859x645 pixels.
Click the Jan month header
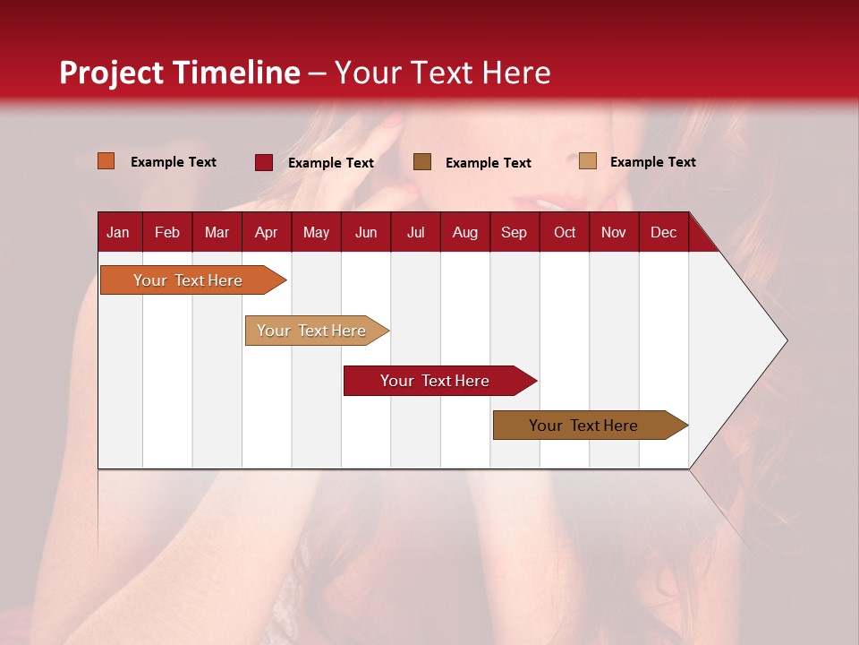(118, 232)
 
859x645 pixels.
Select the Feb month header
(167, 232)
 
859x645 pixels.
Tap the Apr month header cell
(266, 232)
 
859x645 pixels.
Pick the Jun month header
(366, 232)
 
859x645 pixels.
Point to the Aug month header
(464, 232)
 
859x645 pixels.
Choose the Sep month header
(514, 232)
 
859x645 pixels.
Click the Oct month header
(565, 232)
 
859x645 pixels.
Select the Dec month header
(663, 232)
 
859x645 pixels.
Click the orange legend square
(106, 161)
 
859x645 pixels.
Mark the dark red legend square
(264, 162)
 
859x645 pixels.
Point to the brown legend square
(422, 161)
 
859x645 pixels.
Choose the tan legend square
(588, 161)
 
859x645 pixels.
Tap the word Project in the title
(111, 73)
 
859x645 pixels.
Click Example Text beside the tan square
(652, 162)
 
